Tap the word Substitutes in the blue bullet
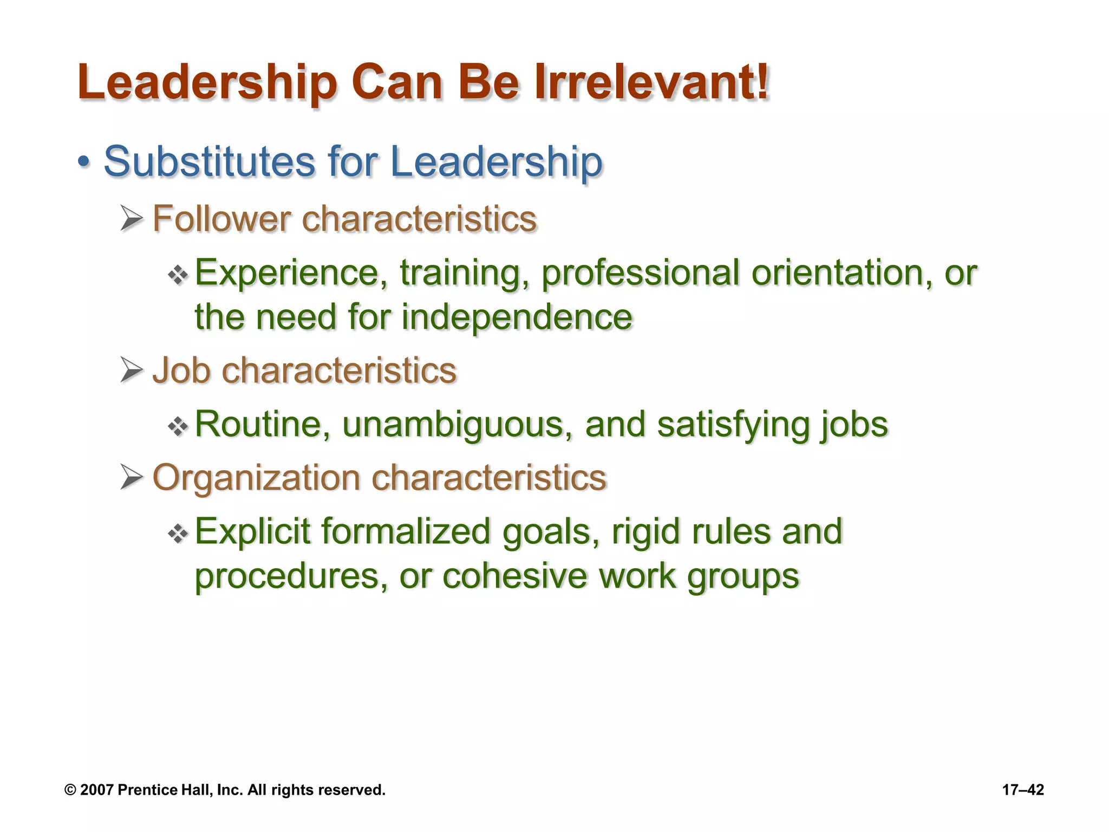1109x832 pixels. (x=209, y=161)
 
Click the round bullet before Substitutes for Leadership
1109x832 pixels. (x=83, y=161)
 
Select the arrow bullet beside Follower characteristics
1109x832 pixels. (x=132, y=219)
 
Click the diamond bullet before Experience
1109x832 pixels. (x=178, y=276)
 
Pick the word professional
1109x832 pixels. (x=641, y=274)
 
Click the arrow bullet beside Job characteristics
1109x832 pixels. (x=132, y=370)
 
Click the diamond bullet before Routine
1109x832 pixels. (x=178, y=427)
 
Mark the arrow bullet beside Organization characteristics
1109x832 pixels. (x=132, y=477)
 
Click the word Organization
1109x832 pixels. (x=256, y=478)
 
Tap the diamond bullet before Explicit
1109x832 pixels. (x=178, y=534)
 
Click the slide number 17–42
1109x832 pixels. (x=1023, y=790)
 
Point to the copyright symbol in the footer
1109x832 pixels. (x=70, y=790)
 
